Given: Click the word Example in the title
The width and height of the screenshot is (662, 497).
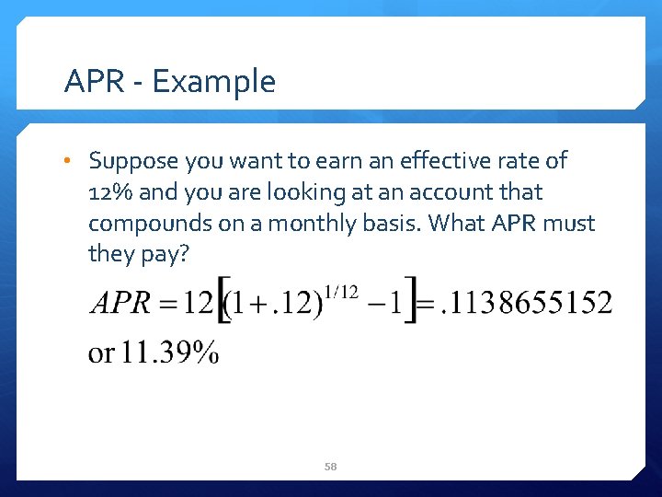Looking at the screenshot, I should pos(214,82).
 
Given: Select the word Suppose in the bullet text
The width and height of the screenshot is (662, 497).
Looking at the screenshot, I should pos(133,161).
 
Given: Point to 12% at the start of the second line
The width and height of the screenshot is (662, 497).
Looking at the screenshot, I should pos(108,192).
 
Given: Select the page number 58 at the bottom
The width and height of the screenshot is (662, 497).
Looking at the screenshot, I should pos(331,467).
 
